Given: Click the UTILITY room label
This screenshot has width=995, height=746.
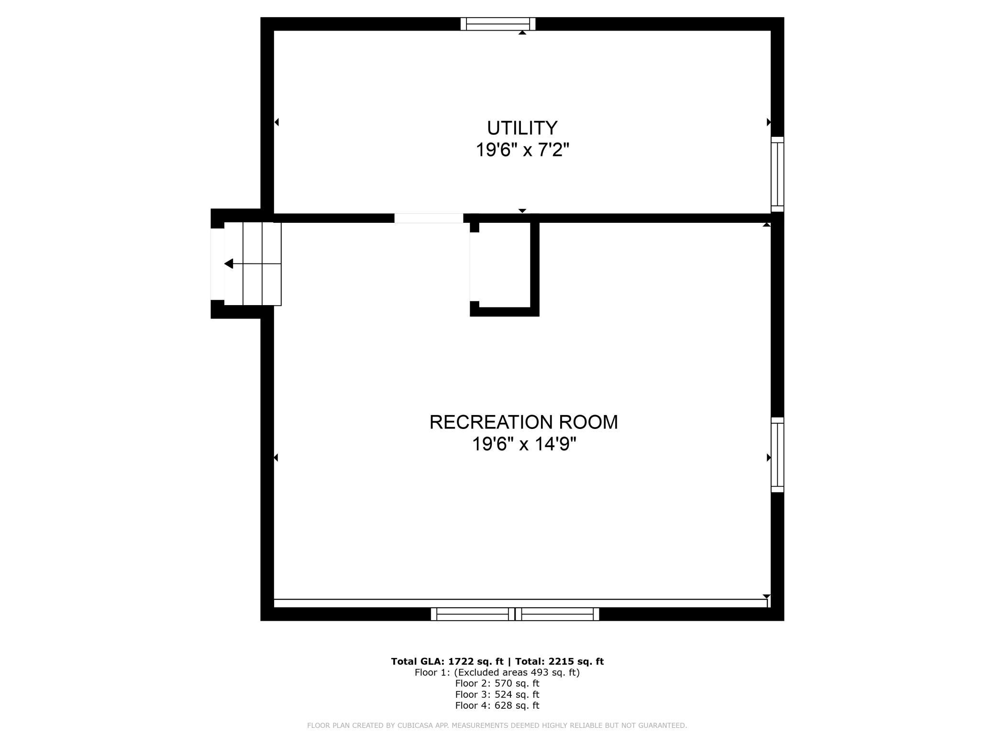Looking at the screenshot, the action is point(522,128).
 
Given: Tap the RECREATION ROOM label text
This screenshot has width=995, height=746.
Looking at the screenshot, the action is point(523,422).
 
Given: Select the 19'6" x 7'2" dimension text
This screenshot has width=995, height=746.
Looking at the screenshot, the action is point(522,150).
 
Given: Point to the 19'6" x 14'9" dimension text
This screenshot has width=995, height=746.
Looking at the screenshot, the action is point(524,444).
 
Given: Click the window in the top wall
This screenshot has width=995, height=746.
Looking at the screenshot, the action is point(498,24).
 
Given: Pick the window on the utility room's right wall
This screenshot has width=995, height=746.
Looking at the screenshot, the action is point(777,174).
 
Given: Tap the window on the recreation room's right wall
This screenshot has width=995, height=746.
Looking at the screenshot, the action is point(777,455).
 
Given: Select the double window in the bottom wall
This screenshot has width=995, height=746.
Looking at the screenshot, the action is point(515,614).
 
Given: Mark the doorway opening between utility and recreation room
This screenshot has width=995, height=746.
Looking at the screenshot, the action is point(429,218).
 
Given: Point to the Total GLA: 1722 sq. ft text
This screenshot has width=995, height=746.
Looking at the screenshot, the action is point(447,661).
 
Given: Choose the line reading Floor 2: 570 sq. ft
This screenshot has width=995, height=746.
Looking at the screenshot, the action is point(497,683).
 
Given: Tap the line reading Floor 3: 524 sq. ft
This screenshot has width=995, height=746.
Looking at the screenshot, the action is point(497,694).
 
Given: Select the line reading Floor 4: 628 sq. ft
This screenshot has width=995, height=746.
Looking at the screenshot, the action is point(497,705).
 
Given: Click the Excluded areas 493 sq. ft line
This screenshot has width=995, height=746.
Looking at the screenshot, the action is point(497,672).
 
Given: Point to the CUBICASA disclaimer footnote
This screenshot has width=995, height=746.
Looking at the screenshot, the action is point(497,725).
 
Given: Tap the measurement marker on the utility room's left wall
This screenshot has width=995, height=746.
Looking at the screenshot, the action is point(276,122).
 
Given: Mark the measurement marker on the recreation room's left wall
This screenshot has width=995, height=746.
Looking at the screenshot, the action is point(276,458).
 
